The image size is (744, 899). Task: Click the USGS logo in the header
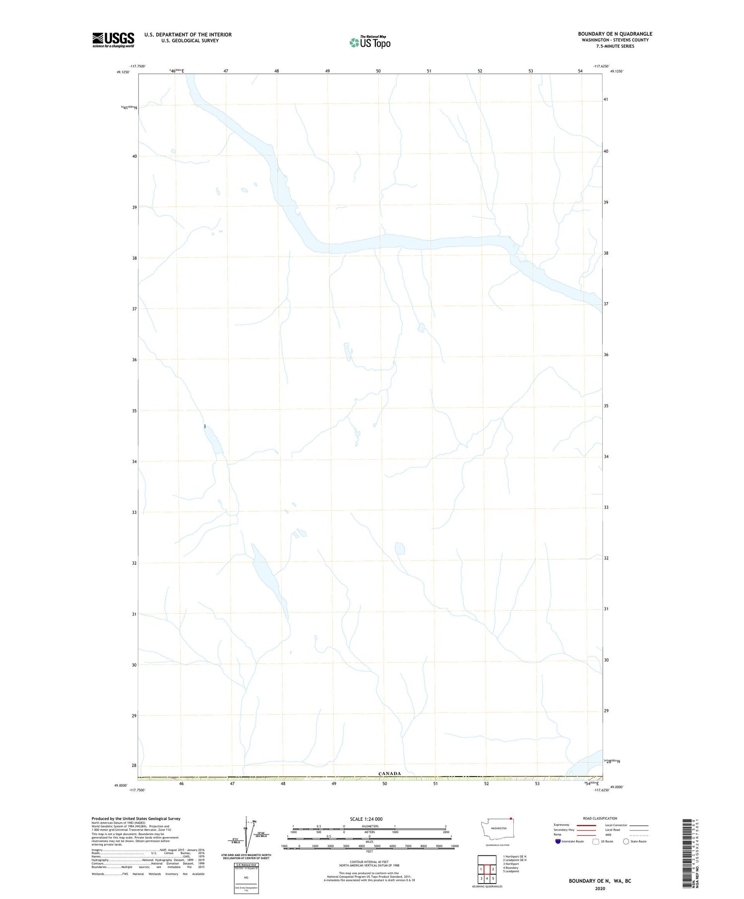pyautogui.click(x=113, y=40)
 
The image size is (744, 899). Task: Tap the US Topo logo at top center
pyautogui.click(x=370, y=43)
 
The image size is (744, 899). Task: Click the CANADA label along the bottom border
pyautogui.click(x=389, y=773)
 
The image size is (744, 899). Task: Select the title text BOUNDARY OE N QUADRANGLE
pyautogui.click(x=615, y=34)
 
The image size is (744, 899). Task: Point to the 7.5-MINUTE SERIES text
pyautogui.click(x=615, y=46)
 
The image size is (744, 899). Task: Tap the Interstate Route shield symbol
pyautogui.click(x=558, y=841)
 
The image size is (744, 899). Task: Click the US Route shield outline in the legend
pyautogui.click(x=596, y=841)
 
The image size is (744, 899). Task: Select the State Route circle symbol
pyautogui.click(x=626, y=841)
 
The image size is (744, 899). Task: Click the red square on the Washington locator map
pyautogui.click(x=510, y=819)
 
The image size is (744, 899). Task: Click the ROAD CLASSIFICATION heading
pyautogui.click(x=600, y=818)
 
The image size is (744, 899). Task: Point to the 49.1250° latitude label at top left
pyautogui.click(x=123, y=72)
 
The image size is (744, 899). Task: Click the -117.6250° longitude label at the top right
pyautogui.click(x=601, y=66)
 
